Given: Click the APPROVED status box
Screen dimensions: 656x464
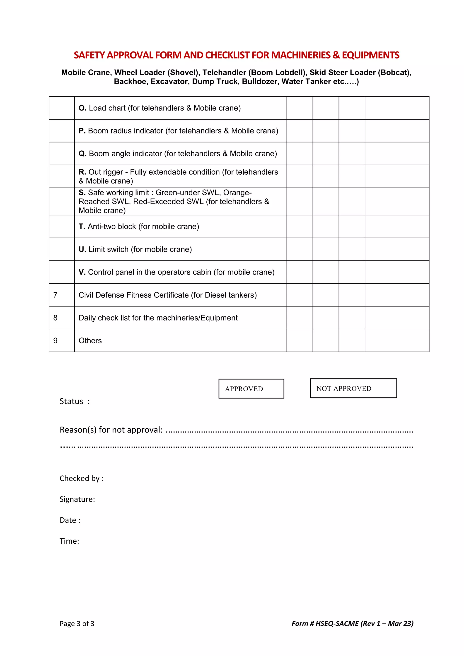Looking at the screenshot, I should tap(251, 388).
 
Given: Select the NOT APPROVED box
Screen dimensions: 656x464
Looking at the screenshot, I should tap(353, 388).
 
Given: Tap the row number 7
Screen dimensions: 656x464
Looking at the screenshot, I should tap(56, 295).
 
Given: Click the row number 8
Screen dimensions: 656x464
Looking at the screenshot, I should tap(56, 318).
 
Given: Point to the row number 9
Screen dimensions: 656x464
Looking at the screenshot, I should tap(56, 340).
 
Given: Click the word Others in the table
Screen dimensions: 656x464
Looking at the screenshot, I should tap(90, 340).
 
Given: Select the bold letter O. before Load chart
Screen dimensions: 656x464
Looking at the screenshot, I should tap(82, 108).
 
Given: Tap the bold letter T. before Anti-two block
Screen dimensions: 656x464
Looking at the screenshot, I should tap(82, 227).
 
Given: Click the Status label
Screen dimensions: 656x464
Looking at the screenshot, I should tap(71, 401).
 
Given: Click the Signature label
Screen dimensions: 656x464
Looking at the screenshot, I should tap(77, 499).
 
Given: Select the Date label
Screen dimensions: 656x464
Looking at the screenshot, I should tap(70, 520).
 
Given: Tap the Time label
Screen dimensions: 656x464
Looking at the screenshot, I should tap(69, 541).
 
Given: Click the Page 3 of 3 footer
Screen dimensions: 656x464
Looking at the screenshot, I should tap(77, 623).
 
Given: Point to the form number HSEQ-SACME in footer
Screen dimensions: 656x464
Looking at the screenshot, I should tap(337, 623).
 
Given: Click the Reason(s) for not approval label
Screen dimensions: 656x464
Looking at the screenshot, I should tap(111, 430).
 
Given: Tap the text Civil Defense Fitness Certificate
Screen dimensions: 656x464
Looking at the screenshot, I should tap(133, 295).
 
